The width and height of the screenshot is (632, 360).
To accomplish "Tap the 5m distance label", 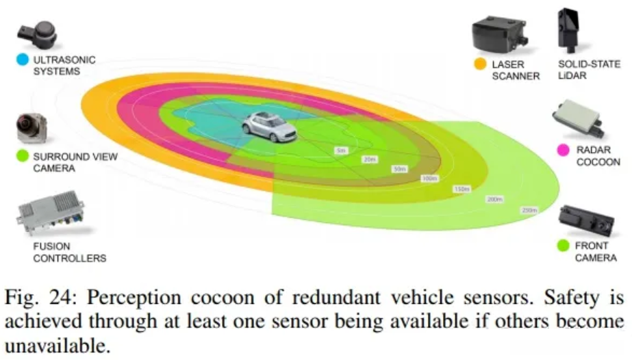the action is click(340, 149).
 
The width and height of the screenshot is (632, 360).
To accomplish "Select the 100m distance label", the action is click(430, 178).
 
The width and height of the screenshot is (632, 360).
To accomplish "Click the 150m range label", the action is click(461, 189).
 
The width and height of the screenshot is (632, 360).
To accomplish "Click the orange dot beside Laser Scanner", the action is click(480, 64).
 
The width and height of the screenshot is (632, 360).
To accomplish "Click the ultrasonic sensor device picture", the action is click(40, 32).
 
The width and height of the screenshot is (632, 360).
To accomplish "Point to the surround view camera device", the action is click(31, 127).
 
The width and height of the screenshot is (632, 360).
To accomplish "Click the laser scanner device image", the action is click(501, 34).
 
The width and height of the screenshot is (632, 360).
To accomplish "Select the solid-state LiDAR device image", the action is click(571, 31).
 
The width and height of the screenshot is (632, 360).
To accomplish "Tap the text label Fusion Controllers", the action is click(69, 252).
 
